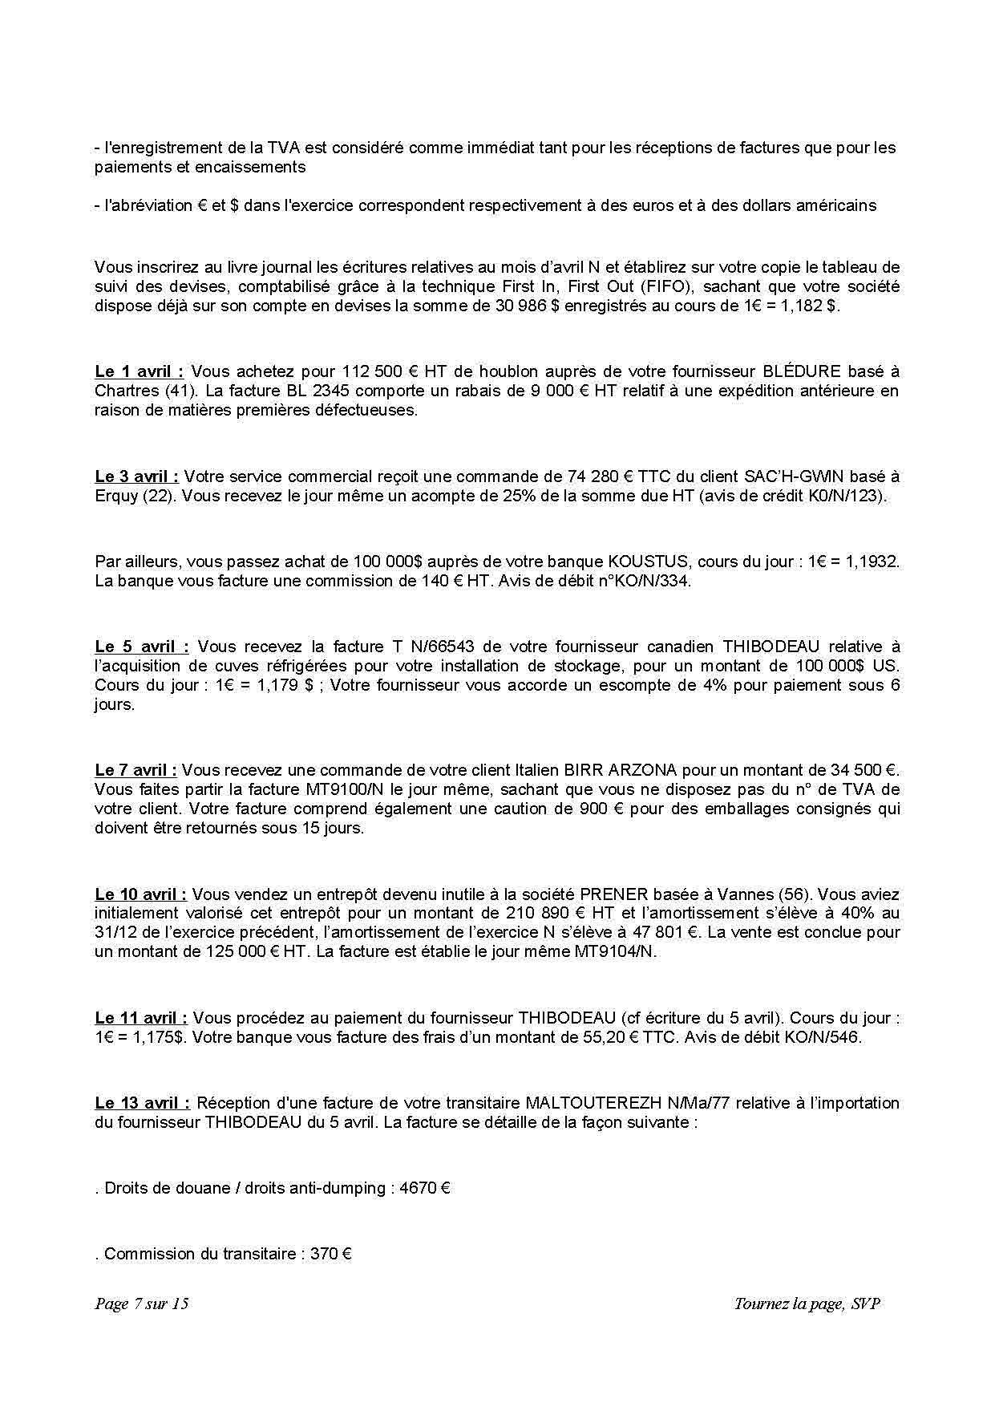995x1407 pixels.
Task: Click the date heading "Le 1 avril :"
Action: [x=139, y=371]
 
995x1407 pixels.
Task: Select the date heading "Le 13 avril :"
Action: [x=142, y=1103]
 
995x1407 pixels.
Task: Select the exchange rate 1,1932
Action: [x=873, y=562]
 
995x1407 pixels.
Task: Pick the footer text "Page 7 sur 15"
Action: [x=142, y=1303]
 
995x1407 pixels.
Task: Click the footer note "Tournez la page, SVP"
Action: [x=807, y=1303]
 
